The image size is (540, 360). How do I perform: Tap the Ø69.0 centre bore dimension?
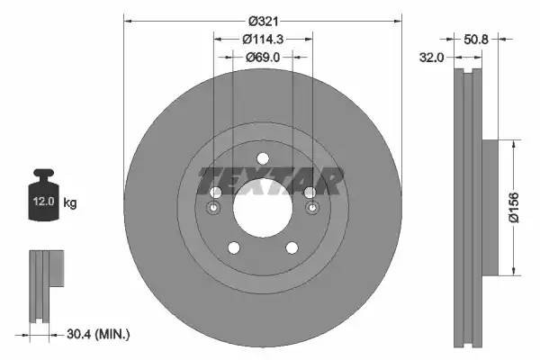point(263,57)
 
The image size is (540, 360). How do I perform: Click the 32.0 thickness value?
point(434,58)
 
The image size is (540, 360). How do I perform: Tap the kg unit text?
point(70,203)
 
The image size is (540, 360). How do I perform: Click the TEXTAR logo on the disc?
point(268,183)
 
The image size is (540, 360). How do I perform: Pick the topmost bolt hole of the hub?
point(263,159)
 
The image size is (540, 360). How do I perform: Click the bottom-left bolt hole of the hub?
point(233,248)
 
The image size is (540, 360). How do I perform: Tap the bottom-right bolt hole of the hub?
point(292,248)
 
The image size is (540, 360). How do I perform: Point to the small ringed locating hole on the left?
point(214,210)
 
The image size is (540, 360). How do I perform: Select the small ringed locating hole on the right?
point(312,210)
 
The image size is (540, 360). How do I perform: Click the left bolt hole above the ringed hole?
point(215,193)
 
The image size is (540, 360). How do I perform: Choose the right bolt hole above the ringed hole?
point(311,193)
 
